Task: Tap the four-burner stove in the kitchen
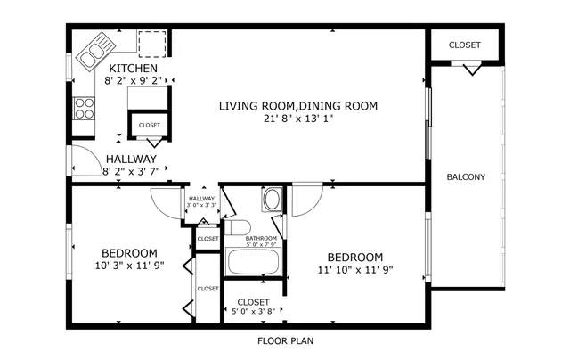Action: point(84,109)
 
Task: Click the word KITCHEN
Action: point(133,69)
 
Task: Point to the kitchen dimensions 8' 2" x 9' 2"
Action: point(133,81)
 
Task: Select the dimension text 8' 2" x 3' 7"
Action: point(133,171)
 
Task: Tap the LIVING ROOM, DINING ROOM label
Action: point(298,106)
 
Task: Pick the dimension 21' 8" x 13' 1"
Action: point(298,119)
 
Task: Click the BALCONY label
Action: point(466,176)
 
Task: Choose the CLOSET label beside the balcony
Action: point(464,45)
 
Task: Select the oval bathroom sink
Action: point(271,199)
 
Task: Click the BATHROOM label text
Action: point(262,238)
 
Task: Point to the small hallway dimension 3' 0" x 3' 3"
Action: point(201,206)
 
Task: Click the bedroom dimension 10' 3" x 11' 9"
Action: point(129,266)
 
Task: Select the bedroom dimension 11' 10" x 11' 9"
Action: point(354,270)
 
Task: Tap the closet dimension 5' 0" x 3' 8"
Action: point(253,312)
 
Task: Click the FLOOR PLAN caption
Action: point(285,340)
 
